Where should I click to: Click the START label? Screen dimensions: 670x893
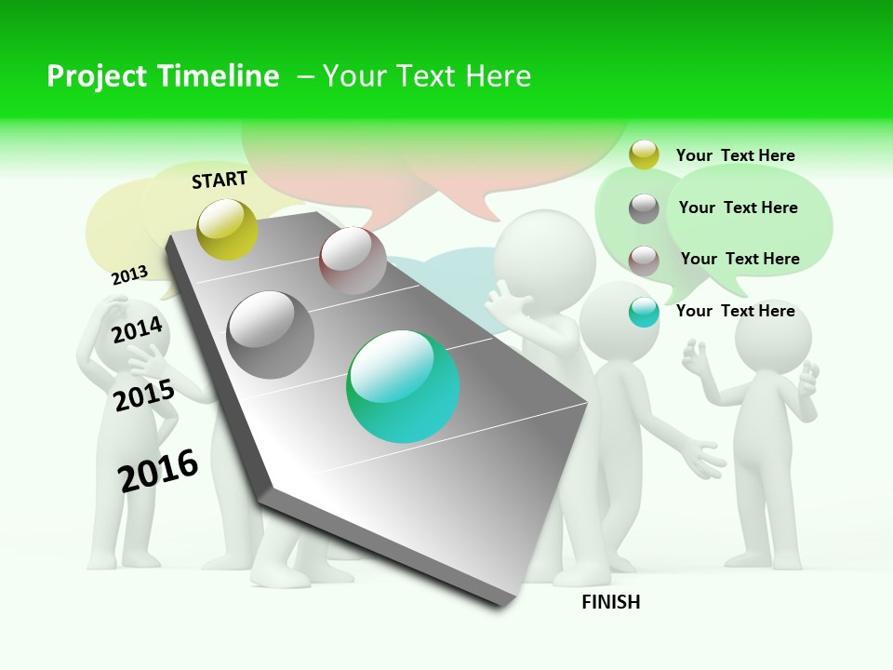[220, 180]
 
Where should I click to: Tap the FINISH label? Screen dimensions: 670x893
[611, 602]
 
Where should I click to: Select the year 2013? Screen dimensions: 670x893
[130, 275]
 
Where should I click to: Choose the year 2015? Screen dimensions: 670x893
[144, 395]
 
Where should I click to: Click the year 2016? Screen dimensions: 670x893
[158, 470]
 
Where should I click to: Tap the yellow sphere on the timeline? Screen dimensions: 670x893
[228, 229]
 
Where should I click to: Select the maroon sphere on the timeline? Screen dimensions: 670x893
[353, 260]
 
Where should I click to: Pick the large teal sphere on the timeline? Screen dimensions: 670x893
[403, 386]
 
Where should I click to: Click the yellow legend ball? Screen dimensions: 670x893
[644, 154]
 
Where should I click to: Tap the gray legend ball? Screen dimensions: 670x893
[644, 208]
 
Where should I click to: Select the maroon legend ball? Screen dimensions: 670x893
[644, 260]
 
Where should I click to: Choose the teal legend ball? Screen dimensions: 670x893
[644, 312]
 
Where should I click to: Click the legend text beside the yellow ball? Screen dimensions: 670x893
[735, 155]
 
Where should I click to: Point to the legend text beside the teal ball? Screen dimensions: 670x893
[735, 311]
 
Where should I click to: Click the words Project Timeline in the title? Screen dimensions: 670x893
[163, 76]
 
